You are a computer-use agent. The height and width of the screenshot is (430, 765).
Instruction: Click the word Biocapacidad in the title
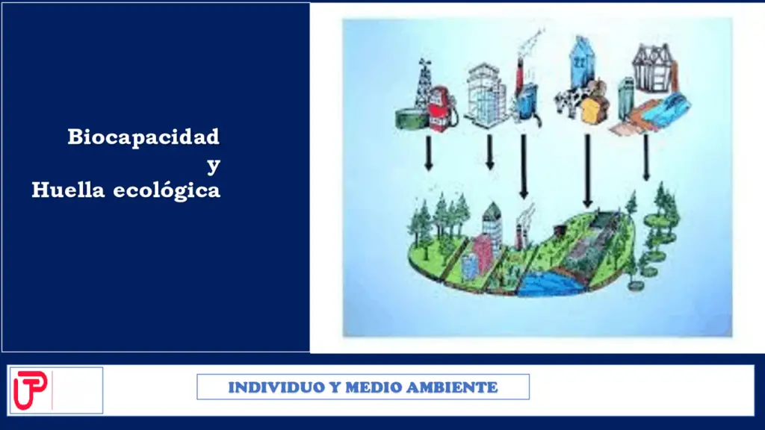pos(143,137)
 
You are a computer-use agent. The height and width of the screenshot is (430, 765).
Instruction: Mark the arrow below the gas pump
pos(429,153)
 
